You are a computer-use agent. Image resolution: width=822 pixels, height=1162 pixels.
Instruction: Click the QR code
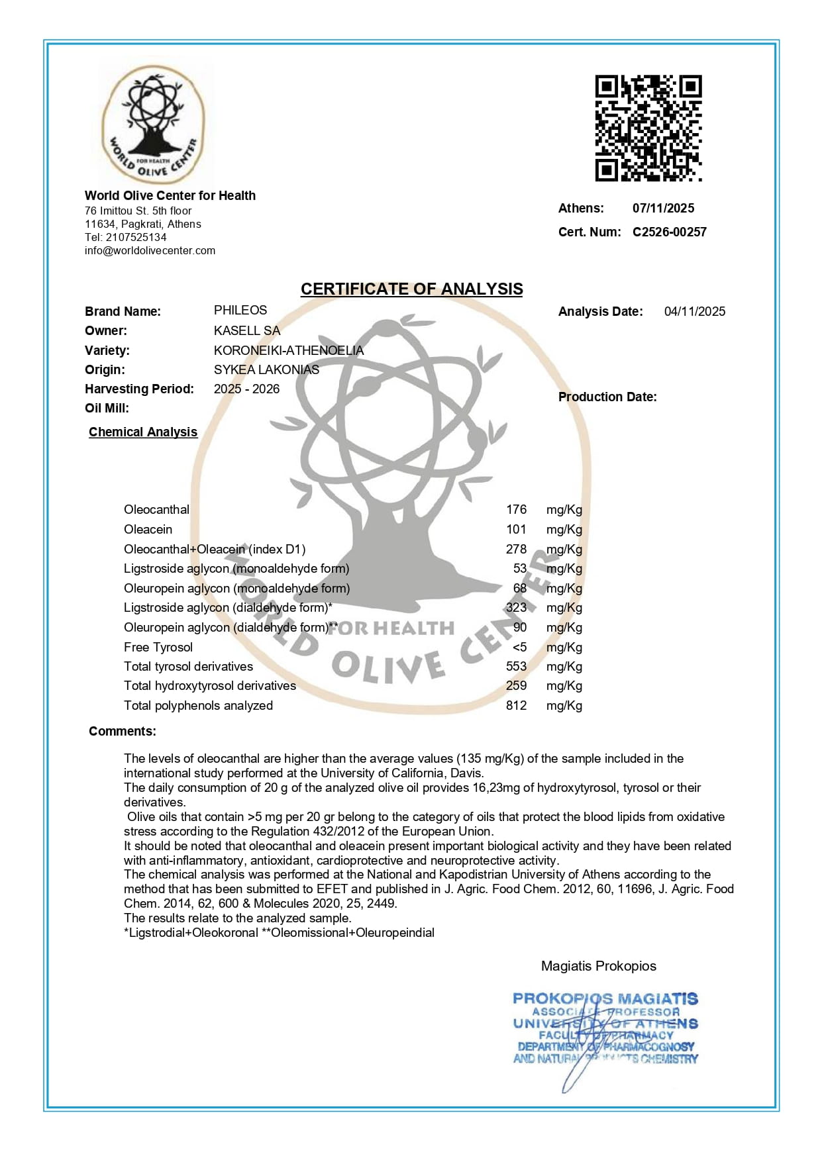point(648,128)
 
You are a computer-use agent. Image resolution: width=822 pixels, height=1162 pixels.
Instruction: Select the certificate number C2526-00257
point(669,232)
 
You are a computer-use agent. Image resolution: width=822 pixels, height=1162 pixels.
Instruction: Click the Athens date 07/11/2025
point(663,208)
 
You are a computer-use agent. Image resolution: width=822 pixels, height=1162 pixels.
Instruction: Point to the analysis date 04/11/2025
point(694,311)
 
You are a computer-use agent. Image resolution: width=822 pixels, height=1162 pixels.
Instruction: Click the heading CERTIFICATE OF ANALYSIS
point(411,289)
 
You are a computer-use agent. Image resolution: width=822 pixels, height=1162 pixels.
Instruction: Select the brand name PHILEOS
point(240,311)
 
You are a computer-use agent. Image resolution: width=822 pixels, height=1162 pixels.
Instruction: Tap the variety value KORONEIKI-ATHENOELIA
point(288,350)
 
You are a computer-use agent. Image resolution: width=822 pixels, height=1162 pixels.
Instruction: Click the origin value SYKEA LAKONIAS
point(266,369)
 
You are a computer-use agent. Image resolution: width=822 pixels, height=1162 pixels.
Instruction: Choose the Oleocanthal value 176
point(516,510)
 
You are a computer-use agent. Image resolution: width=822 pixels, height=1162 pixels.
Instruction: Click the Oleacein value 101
point(516,530)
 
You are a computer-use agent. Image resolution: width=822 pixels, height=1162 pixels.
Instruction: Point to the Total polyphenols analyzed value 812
point(516,706)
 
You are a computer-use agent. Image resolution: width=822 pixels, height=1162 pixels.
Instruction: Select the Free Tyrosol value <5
point(519,647)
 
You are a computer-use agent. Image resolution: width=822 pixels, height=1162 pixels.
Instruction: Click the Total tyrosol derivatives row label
point(188,667)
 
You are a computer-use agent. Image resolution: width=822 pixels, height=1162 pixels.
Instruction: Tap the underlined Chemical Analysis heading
point(143,432)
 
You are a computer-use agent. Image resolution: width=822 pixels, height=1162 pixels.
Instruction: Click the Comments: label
point(123,732)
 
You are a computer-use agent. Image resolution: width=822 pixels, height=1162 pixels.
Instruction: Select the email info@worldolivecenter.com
point(150,251)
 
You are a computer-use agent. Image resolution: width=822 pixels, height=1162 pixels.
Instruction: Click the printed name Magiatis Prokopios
point(598,966)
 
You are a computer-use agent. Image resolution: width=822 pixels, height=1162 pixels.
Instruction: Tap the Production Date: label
point(607,397)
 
